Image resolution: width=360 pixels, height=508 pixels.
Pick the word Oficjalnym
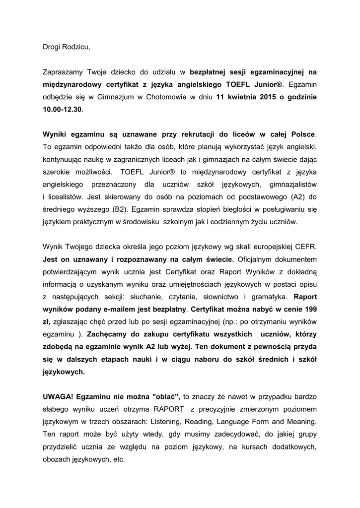pos(259,259)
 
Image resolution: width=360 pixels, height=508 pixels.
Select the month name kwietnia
pos(242,97)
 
